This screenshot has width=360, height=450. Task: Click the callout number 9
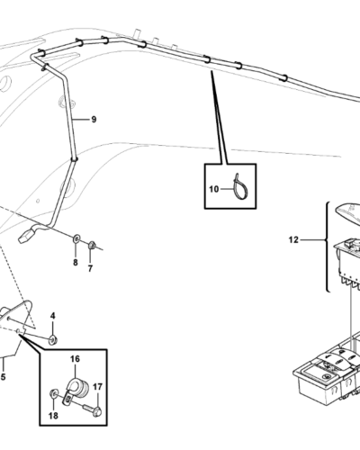pos(94,120)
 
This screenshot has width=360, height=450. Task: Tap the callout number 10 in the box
pos(214,189)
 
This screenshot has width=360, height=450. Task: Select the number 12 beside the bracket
pos(293,240)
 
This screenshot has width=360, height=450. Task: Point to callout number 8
pos(76,263)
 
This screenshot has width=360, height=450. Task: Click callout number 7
pos(90,269)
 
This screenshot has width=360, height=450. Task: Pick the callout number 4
pos(53,316)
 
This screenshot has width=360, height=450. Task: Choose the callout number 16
pos(76,359)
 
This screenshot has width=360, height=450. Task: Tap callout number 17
pos(97,387)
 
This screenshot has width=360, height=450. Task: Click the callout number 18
pos(53,416)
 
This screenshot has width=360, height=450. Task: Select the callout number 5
pos(4,377)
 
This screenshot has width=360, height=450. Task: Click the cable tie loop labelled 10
pos(240,187)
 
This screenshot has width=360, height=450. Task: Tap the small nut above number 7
pos(92,245)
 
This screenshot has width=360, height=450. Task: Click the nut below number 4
pos(54,340)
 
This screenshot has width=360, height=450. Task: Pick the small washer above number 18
pos(54,393)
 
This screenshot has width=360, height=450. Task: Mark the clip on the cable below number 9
pos(75,159)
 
